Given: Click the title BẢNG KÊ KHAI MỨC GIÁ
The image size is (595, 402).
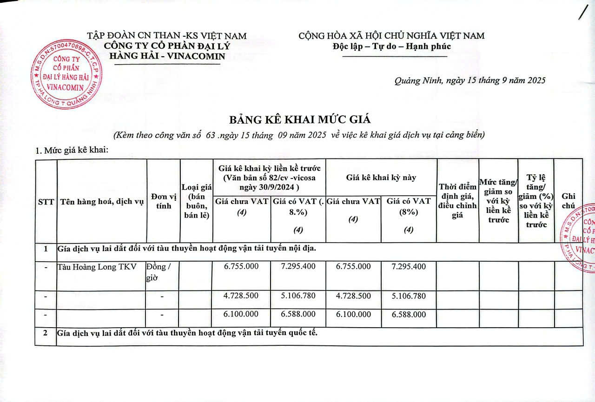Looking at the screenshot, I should click(x=300, y=119).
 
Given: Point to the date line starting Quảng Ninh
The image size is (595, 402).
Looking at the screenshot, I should click(x=470, y=80).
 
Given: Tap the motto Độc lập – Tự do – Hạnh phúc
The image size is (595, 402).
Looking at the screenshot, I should click(x=392, y=46).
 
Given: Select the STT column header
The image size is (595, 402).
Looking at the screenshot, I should click(x=46, y=202).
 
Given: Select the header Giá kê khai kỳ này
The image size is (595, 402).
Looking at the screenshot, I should click(x=381, y=178).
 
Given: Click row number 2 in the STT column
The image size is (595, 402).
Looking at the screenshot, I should click(x=46, y=334).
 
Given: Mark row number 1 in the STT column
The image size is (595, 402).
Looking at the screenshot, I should click(x=46, y=249).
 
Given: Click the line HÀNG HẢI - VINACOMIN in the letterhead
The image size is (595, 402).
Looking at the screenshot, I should click(x=167, y=56).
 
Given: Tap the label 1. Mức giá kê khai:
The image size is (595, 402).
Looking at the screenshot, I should click(x=72, y=151).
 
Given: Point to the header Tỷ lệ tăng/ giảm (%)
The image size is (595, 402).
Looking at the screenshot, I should click(x=536, y=201).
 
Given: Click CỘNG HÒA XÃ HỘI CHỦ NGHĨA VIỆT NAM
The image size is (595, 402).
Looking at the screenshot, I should click(x=391, y=36).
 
